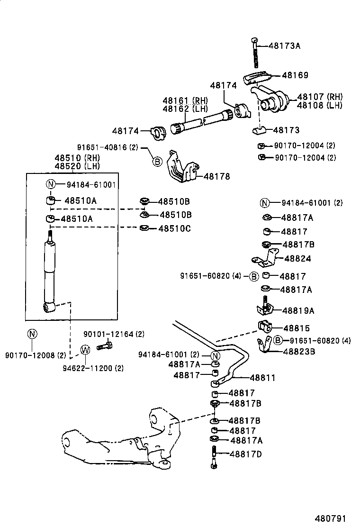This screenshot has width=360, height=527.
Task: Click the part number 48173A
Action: click(285, 46)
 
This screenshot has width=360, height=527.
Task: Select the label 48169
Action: click(295, 75)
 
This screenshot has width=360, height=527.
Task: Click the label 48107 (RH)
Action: click(319, 97)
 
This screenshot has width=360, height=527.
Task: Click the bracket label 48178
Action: click(216, 176)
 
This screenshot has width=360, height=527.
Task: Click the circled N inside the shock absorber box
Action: click(51, 185)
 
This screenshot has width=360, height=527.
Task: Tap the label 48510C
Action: click(175, 228)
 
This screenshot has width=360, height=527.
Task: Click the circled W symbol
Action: click(85, 350)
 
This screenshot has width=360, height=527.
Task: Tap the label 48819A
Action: click(298, 310)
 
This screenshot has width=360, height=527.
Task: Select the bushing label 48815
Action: click(296, 328)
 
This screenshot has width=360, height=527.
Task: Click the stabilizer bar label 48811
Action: click(262, 378)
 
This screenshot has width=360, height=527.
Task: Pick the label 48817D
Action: click(245, 454)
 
